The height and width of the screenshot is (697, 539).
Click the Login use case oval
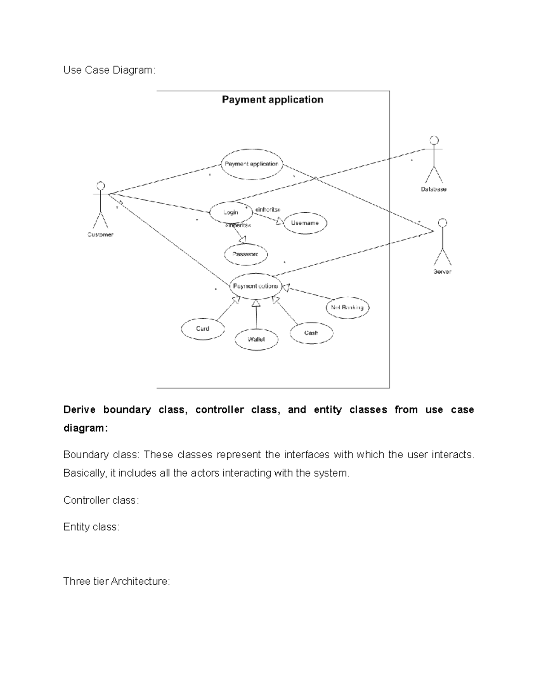point(231,212)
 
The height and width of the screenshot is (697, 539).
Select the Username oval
point(305,223)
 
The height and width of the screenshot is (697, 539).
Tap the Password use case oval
point(246,254)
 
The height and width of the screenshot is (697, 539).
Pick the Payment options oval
point(255,286)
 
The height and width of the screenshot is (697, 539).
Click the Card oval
point(203,329)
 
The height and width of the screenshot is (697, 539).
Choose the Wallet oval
point(256,339)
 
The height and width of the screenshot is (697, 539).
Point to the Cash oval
point(311,333)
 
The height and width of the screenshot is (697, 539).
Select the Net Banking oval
point(347,307)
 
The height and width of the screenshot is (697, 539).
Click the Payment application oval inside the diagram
point(252,164)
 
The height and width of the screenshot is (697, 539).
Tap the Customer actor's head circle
point(101,185)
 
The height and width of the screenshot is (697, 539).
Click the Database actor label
point(433,189)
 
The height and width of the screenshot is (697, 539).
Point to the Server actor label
point(442,272)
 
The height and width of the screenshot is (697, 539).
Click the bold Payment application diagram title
point(273,100)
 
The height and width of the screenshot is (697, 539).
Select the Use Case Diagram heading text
point(109,70)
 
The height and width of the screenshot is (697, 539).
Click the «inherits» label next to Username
point(268,210)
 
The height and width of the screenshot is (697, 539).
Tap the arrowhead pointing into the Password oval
point(244,239)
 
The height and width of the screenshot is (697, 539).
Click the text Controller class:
point(101,500)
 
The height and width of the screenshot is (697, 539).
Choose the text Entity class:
point(91,527)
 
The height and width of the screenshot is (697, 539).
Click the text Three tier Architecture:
point(117,581)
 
